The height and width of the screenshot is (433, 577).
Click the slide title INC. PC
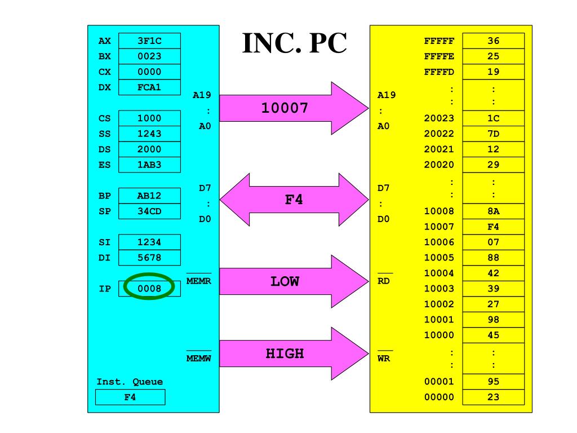coord(294,43)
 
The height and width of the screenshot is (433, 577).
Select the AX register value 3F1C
coord(149,41)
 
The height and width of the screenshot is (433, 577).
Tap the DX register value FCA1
coord(149,87)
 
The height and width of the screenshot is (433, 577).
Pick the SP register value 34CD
coord(149,211)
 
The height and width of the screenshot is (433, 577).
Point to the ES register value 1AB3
coord(149,165)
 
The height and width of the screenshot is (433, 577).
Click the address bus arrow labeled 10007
coord(285,108)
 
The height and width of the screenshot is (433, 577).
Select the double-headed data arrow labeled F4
coord(294,200)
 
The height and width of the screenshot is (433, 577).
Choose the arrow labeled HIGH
coord(285,354)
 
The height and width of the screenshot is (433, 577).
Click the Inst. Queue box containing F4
coord(130,397)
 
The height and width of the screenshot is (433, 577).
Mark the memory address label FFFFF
coord(439,41)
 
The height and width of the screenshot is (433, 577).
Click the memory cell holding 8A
coord(493,211)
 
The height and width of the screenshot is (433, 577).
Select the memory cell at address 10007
coord(493,227)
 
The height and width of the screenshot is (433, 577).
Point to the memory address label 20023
coord(439,118)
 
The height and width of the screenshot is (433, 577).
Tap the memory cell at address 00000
coord(493,397)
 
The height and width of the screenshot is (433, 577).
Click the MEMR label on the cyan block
coord(198,281)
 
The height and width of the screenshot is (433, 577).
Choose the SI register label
coord(104,242)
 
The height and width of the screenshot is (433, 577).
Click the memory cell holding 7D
coord(493,134)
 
